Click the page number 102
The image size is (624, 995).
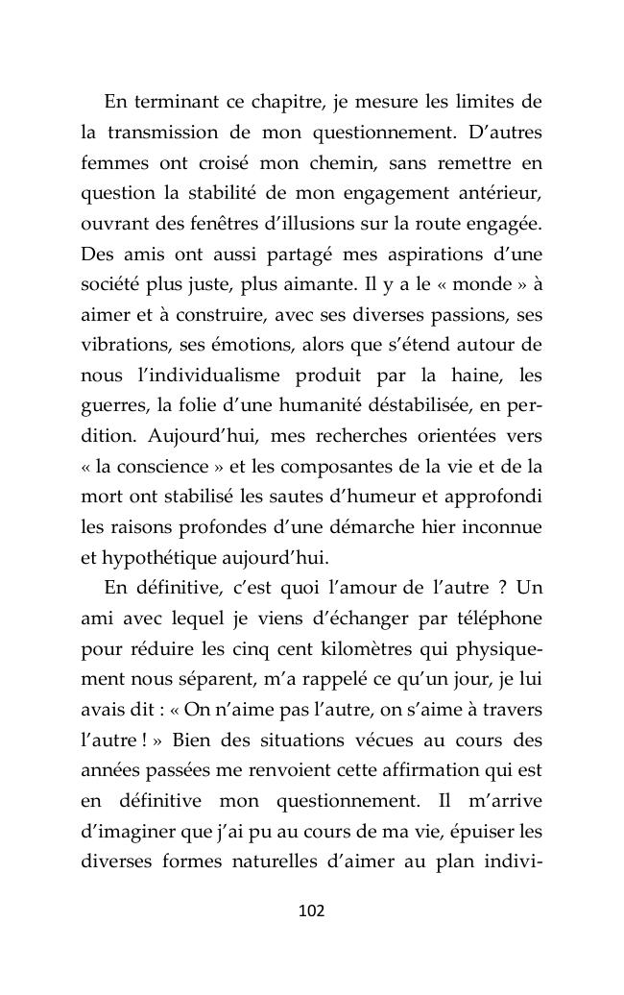click(312, 910)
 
